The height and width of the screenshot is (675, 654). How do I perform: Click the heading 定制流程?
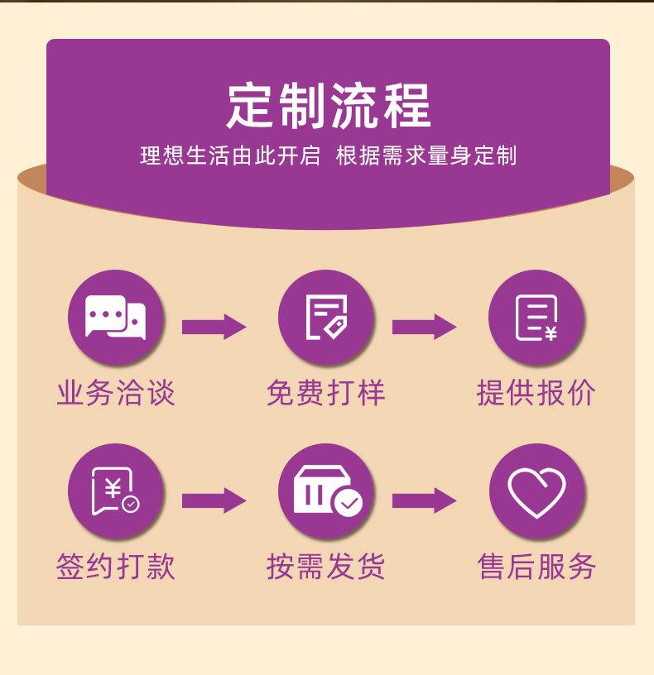329,105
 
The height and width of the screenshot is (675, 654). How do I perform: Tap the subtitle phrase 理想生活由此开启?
229,156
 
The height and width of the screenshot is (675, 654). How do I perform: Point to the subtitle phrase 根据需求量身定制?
426,156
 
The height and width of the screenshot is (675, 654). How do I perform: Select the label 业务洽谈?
116,392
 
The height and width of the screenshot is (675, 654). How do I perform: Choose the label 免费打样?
326,392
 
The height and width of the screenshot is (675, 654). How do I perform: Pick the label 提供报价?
536,392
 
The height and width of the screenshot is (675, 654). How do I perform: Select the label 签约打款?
116,567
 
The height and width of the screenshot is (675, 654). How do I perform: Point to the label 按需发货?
326,567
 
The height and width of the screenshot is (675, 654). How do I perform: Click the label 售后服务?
536,567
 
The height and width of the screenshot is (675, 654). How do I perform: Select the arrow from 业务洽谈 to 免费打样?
214,327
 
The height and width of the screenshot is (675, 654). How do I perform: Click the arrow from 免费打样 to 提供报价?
424,327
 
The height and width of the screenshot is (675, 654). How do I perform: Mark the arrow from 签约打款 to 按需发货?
214,500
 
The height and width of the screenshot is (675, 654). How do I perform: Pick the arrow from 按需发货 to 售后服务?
424,500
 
